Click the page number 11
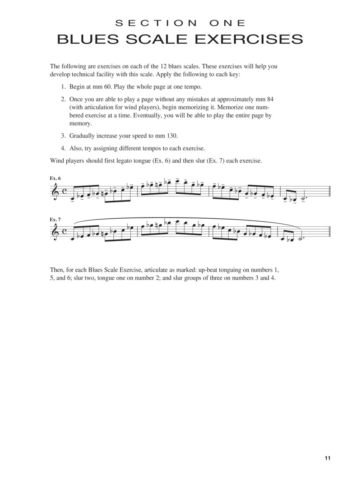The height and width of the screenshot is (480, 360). coord(327,458)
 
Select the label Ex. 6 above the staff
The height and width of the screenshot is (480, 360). coord(55,178)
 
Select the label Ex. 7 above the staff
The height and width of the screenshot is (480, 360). coord(55,219)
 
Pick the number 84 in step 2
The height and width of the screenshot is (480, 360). coord(269,100)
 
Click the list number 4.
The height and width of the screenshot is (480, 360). coord(63,148)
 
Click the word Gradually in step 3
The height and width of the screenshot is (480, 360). coord(82,136)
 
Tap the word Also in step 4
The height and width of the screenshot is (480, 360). coord(76,148)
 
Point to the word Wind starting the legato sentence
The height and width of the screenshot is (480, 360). coord(57,160)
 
